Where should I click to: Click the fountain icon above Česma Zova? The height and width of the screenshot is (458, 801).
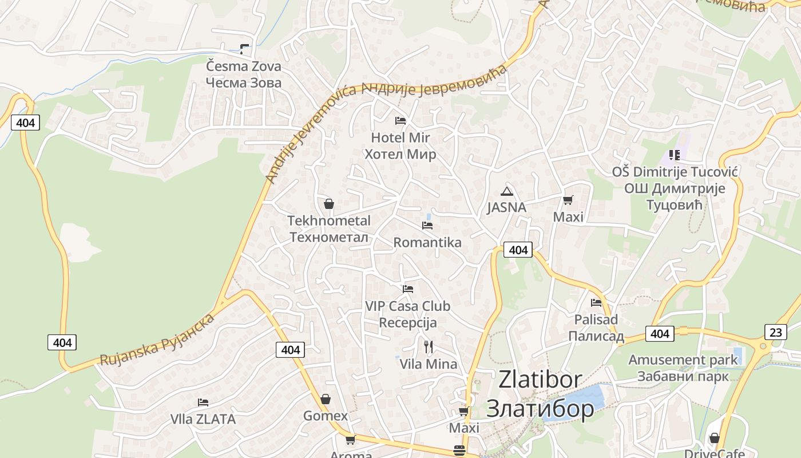245,49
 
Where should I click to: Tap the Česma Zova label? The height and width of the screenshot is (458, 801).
244,74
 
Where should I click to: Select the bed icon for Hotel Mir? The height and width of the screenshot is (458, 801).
400,121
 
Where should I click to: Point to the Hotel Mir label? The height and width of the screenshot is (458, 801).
400,146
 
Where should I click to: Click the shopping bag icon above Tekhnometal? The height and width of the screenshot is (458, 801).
329,204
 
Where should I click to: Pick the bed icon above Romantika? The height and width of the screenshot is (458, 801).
427,226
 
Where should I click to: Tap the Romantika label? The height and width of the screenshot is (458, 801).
427,242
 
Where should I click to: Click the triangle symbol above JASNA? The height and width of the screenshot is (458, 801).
506,191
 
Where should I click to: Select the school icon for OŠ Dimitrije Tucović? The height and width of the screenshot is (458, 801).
675,155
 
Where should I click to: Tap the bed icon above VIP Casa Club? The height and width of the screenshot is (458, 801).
408,289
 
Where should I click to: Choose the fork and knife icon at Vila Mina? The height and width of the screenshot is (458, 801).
429,346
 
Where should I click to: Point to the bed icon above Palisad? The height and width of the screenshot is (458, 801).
596,302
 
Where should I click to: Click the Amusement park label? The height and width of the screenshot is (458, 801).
683,368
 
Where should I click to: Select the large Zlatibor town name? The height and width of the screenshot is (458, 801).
540,394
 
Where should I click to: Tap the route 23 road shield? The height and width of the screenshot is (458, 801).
775,331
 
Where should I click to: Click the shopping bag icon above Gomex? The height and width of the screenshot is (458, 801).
326,399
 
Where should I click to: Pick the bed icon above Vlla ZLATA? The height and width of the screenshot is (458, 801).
203,402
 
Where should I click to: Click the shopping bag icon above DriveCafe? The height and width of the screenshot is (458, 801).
715,438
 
